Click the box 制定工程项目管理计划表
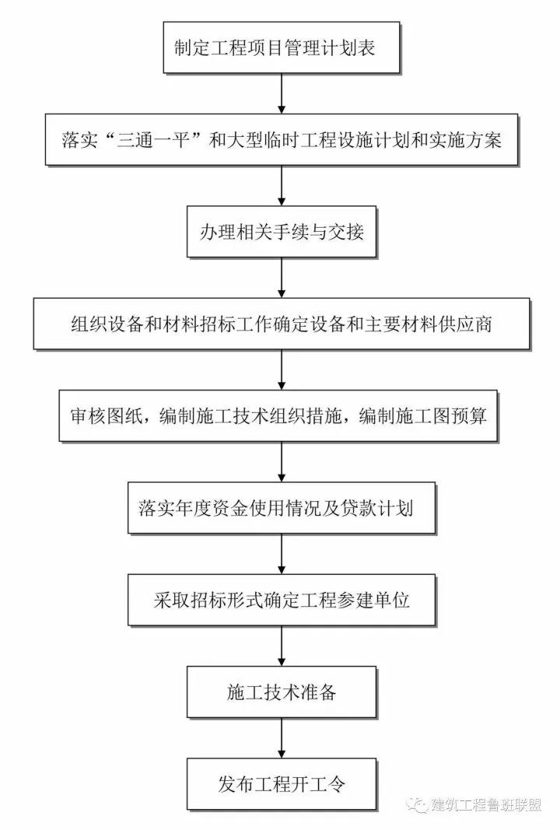[281, 47]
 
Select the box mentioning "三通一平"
[281, 140]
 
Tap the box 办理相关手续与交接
[281, 232]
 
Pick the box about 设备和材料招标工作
[281, 324]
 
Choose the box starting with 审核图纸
[278, 416]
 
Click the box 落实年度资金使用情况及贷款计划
[281, 508]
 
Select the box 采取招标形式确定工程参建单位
[281, 601]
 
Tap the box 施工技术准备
[281, 692]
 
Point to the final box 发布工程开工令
[281, 784]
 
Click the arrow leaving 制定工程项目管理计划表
[282, 93]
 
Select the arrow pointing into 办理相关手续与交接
[282, 186]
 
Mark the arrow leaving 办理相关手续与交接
[282, 278]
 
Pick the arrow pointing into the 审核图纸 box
[282, 370]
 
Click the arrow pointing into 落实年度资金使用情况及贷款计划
[282, 462]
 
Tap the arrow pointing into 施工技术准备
[282, 646]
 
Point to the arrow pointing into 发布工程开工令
[282, 738]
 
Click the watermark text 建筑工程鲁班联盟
[486, 805]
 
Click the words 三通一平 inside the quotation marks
[153, 140]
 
